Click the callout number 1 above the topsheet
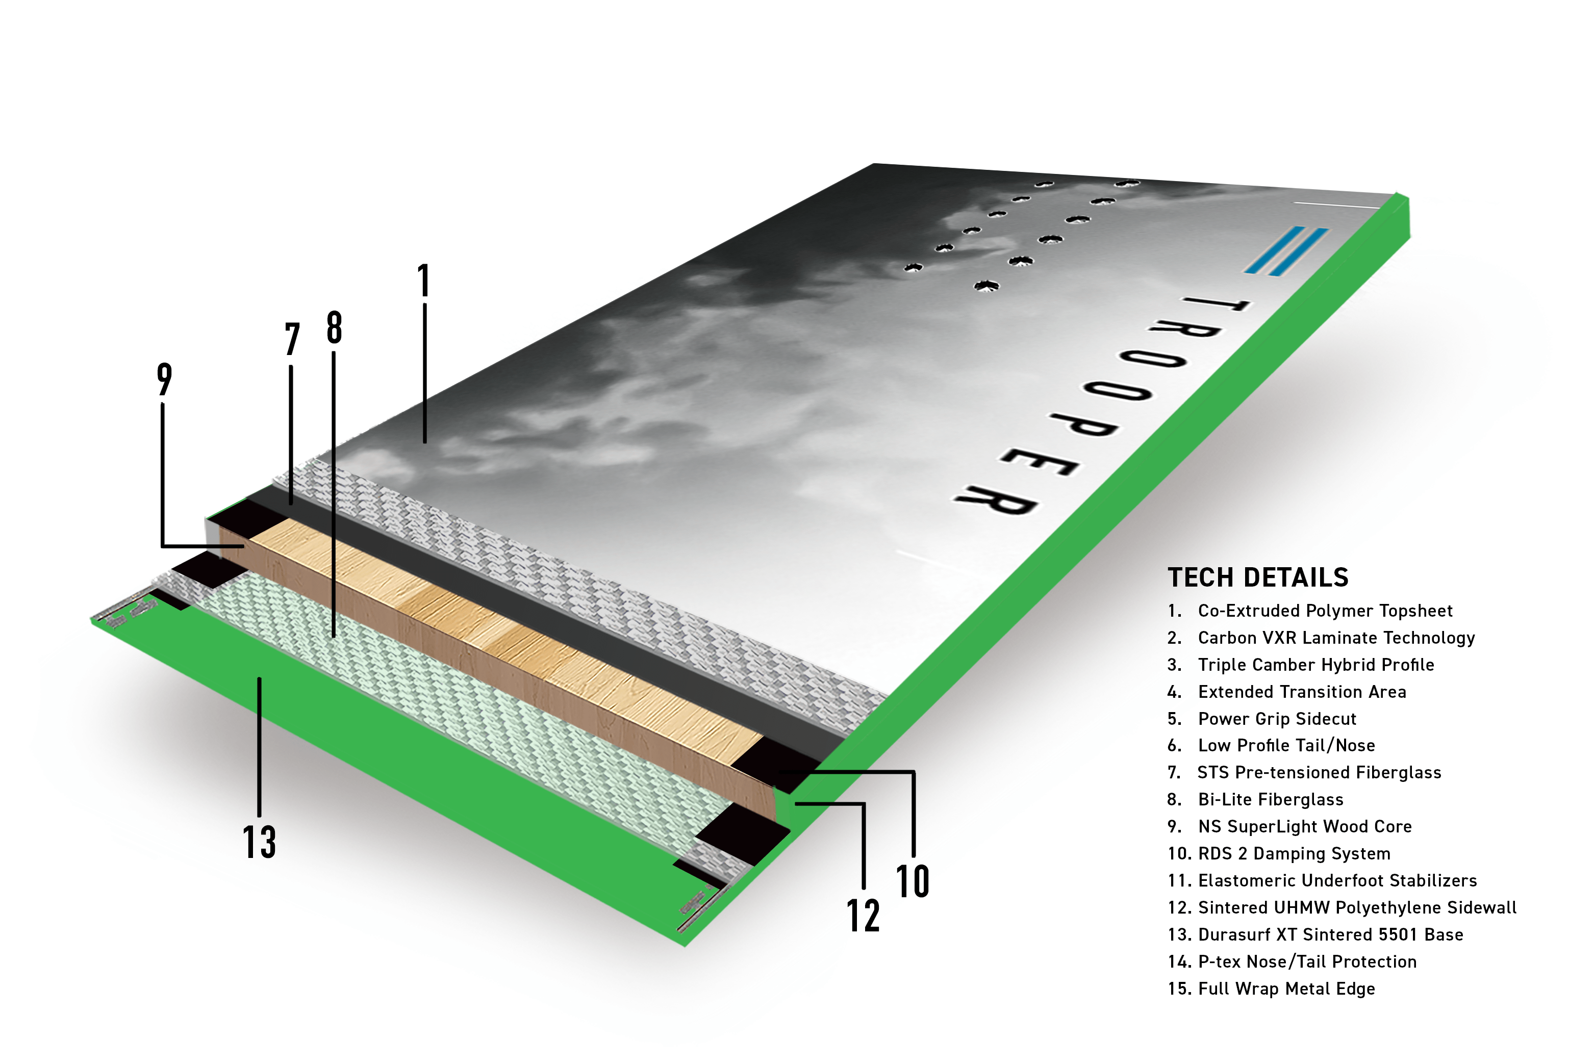pyautogui.click(x=424, y=280)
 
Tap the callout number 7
pyautogui.click(x=292, y=339)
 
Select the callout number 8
pyautogui.click(x=334, y=327)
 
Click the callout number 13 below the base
pyautogui.click(x=260, y=842)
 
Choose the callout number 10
pyautogui.click(x=913, y=881)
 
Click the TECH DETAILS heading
pyautogui.click(x=1258, y=577)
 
